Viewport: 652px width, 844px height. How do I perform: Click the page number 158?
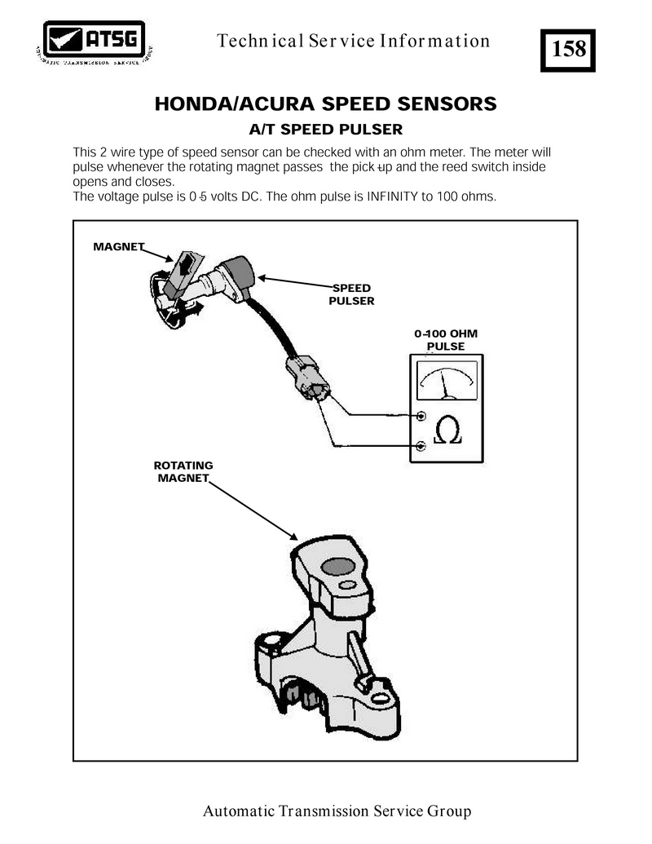tap(569, 49)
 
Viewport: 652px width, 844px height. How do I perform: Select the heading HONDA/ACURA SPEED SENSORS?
tap(325, 104)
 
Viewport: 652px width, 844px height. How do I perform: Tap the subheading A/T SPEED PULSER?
tap(325, 130)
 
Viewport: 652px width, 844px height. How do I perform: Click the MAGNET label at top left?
tap(119, 246)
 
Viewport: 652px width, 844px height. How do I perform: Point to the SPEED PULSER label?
tap(351, 294)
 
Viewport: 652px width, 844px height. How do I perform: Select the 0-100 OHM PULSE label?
tap(446, 340)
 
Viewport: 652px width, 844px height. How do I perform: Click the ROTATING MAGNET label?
tap(183, 471)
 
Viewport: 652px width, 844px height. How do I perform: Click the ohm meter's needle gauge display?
tap(446, 381)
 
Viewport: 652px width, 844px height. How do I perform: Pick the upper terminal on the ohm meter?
tap(421, 417)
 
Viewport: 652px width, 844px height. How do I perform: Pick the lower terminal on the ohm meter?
tap(421, 445)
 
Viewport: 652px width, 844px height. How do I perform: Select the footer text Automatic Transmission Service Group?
tap(337, 811)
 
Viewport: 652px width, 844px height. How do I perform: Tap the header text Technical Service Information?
tap(354, 41)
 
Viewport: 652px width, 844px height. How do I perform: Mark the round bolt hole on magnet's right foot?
tap(379, 700)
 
